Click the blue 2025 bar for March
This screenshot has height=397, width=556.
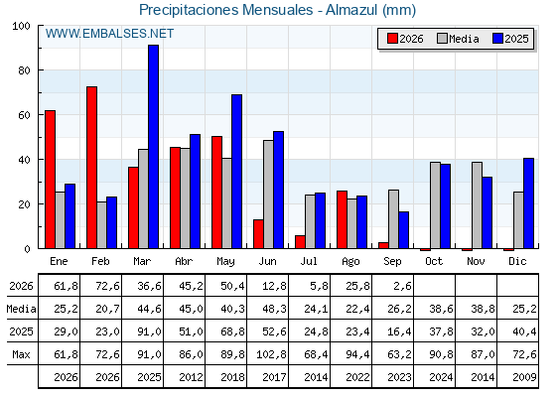pyautogui.click(x=154, y=147)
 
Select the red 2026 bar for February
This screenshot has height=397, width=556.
pyautogui.click(x=91, y=168)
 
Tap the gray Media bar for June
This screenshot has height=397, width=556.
pyautogui.click(x=268, y=195)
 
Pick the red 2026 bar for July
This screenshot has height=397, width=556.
pyautogui.click(x=300, y=242)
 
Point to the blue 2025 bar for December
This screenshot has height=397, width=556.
pyautogui.click(x=528, y=203)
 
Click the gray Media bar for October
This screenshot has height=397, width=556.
pyautogui.click(x=436, y=205)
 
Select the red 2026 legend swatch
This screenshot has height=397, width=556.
pyautogui.click(x=392, y=39)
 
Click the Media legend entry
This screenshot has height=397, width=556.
pyautogui.click(x=458, y=39)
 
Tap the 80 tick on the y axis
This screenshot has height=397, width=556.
pyautogui.click(x=24, y=70)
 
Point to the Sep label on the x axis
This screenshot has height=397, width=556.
pyautogui.click(x=392, y=262)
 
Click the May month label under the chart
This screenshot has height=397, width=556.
pyautogui.click(x=225, y=262)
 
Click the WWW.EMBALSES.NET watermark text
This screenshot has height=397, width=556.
pyautogui.click(x=109, y=34)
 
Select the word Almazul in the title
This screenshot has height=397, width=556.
pyautogui.click(x=351, y=10)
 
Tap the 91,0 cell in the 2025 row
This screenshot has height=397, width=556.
pyautogui.click(x=149, y=331)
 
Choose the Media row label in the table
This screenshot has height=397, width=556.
pyautogui.click(x=21, y=309)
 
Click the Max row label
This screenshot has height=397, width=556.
pyautogui.click(x=21, y=354)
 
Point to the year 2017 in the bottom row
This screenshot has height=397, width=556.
pyautogui.click(x=274, y=377)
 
